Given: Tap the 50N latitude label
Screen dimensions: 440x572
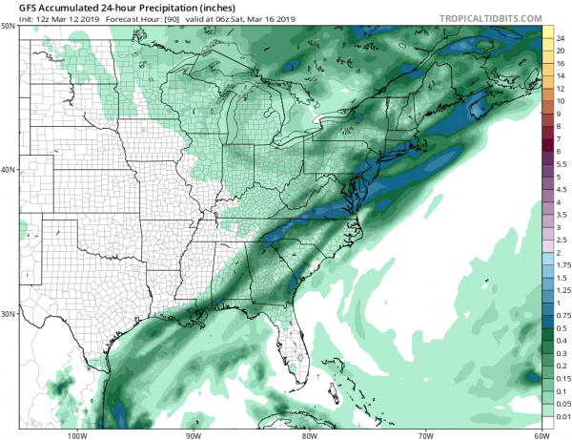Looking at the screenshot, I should click(x=8, y=26).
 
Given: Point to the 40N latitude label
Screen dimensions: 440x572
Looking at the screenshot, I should click(x=8, y=170).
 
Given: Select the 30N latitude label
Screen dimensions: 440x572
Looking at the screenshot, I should click(x=8, y=314).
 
